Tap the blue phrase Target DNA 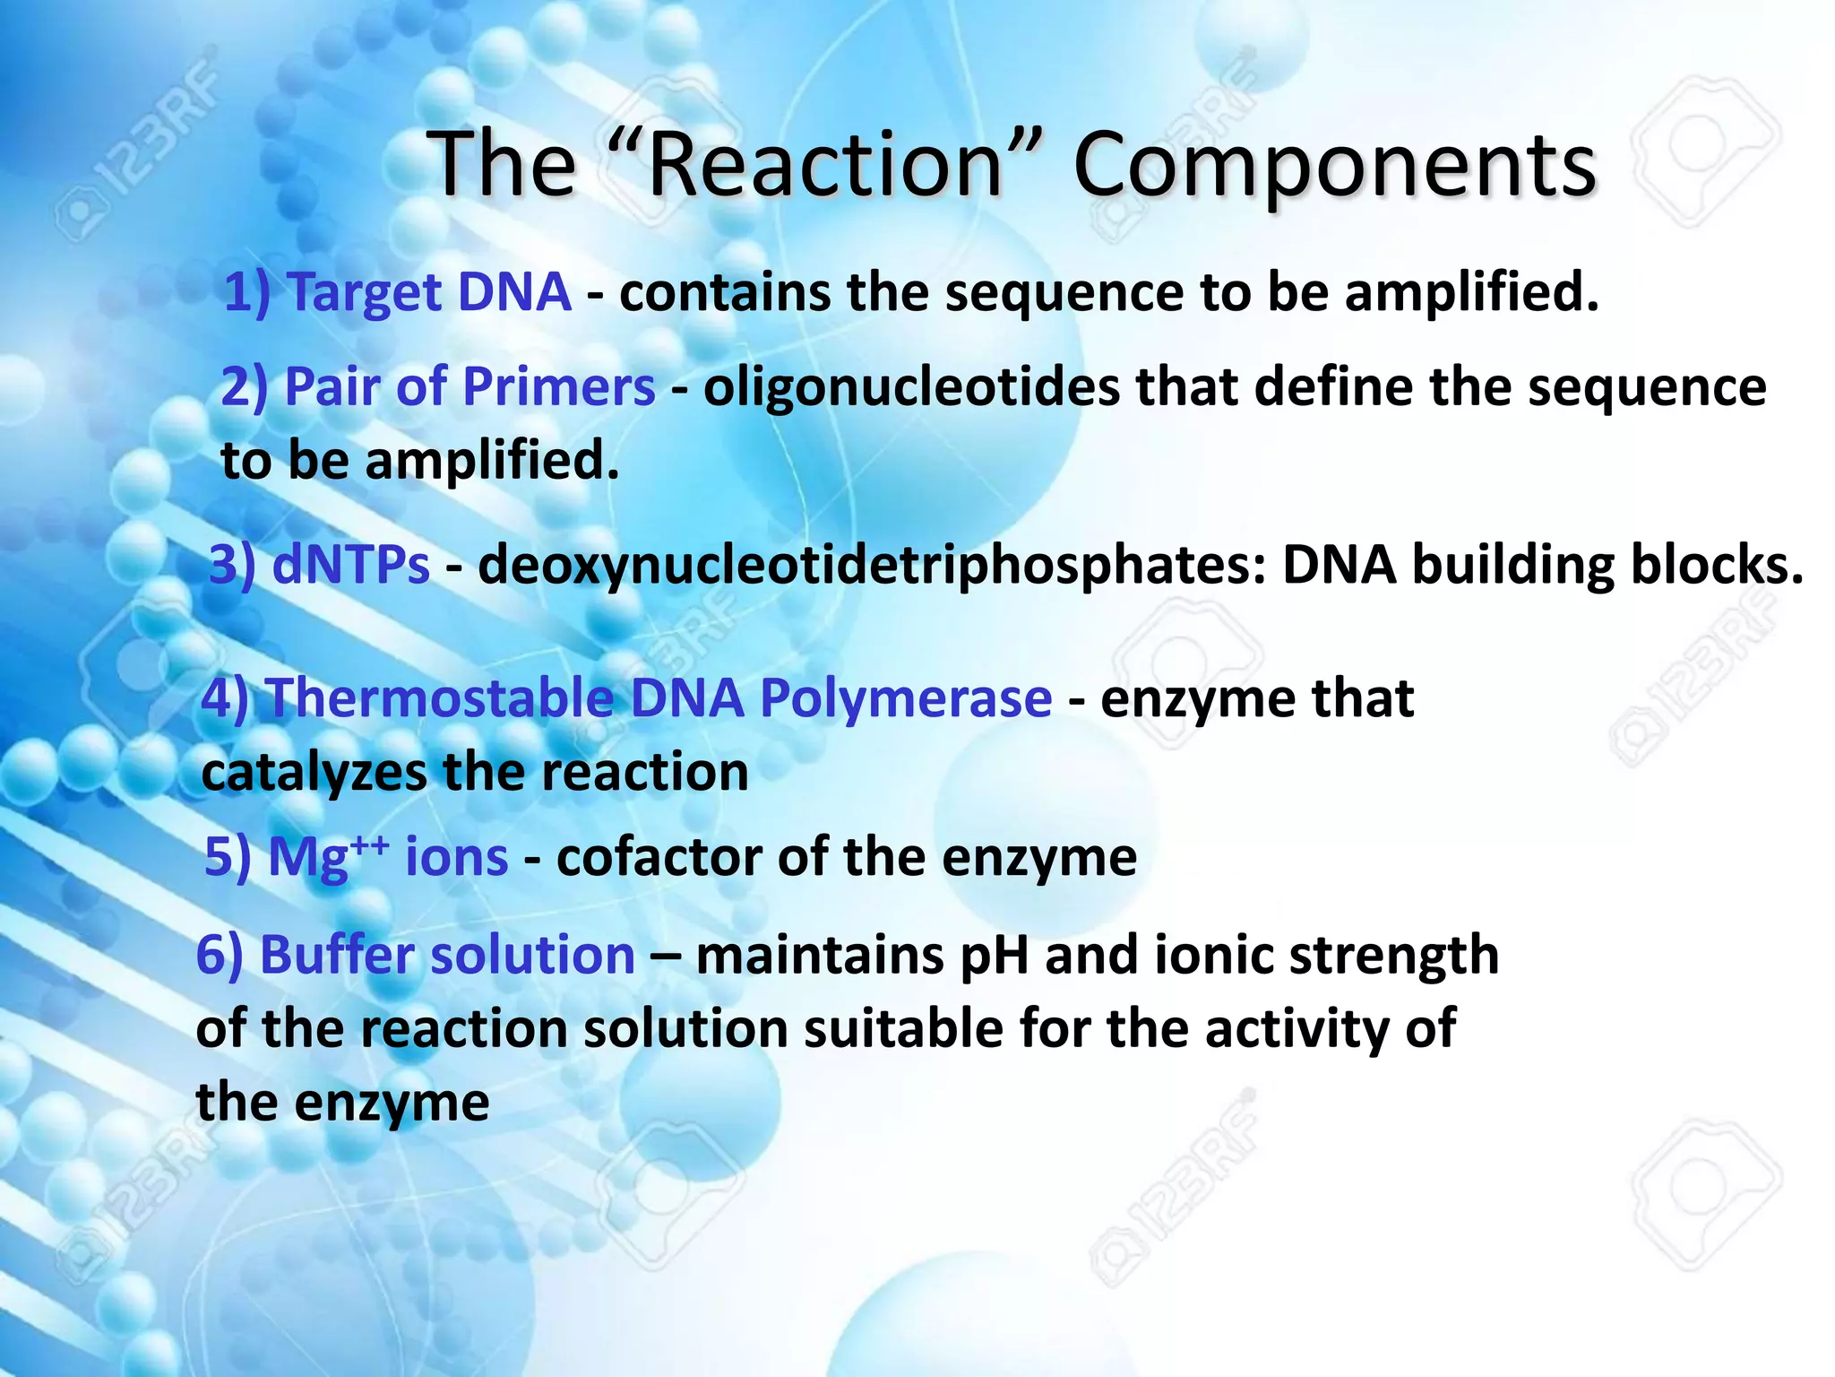pyautogui.click(x=430, y=292)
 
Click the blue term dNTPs pyautogui.click(x=350, y=566)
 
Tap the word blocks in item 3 pyautogui.click(x=1716, y=564)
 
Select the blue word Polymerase pyautogui.click(x=906, y=699)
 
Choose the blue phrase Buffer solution pyautogui.click(x=447, y=955)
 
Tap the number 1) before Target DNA pyautogui.click(x=246, y=293)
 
